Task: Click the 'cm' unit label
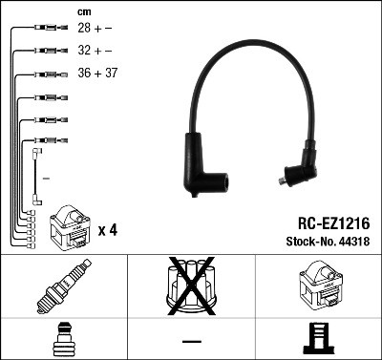pyautogui.click(x=84, y=11)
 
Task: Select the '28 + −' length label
pyautogui.click(x=95, y=30)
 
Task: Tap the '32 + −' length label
pyautogui.click(x=95, y=51)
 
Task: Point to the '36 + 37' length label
pyautogui.click(x=97, y=73)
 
